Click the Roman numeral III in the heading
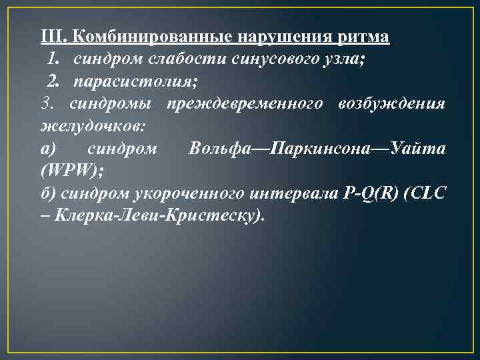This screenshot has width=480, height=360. click(x=52, y=37)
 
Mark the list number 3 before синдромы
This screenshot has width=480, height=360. click(x=46, y=104)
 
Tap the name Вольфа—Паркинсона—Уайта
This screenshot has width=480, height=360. click(x=317, y=149)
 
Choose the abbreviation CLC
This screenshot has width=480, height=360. click(x=430, y=194)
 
